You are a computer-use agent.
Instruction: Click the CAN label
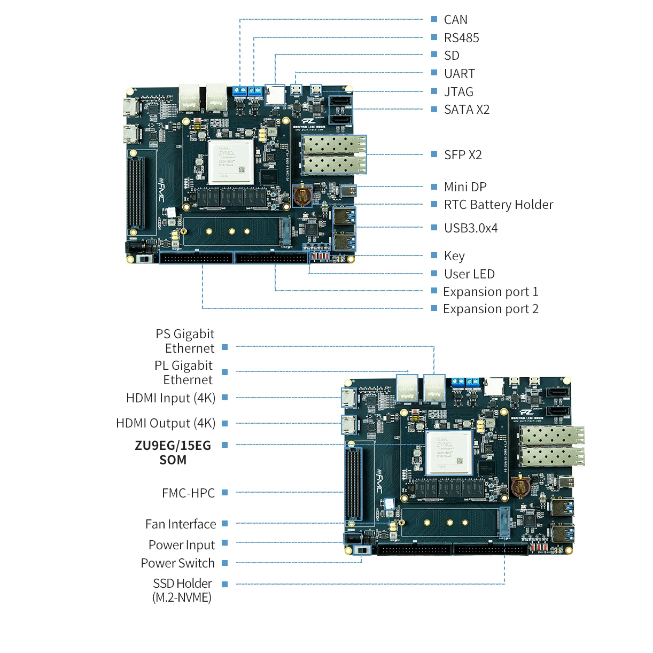(x=455, y=20)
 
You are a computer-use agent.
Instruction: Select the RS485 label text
(x=461, y=38)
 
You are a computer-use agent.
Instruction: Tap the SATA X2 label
(x=467, y=110)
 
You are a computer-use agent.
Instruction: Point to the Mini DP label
(x=465, y=187)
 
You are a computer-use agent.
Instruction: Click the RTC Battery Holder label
(x=498, y=205)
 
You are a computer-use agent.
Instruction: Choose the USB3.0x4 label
(x=470, y=228)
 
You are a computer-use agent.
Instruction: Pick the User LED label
(x=469, y=274)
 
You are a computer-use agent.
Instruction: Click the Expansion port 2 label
(x=490, y=309)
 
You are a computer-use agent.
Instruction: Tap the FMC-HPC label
(x=188, y=493)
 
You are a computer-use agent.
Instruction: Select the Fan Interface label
(x=181, y=524)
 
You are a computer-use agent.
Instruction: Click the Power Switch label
(x=177, y=563)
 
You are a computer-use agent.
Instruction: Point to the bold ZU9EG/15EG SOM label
(x=173, y=453)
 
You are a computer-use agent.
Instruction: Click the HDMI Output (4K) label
(x=166, y=423)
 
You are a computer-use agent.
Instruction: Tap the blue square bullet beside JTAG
(x=434, y=91)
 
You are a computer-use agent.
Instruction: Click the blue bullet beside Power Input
(x=225, y=543)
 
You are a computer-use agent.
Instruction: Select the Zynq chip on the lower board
(x=449, y=452)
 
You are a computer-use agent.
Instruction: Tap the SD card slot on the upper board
(x=275, y=95)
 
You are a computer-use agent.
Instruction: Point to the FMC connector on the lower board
(x=353, y=484)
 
